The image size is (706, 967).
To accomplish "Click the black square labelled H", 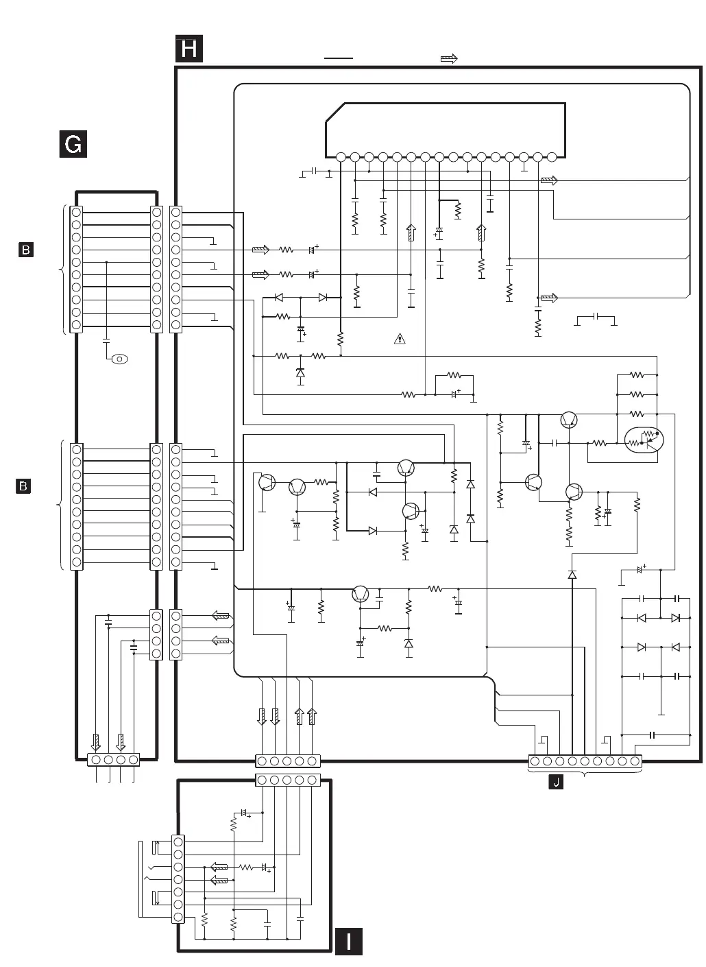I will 189,49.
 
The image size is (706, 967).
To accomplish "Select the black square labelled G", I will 73,144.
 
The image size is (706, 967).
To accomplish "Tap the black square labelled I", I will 349,941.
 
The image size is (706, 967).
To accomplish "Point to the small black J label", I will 556,783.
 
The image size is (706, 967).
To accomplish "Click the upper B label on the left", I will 25,250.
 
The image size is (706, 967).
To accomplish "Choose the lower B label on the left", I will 24,486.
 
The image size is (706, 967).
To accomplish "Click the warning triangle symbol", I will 400,338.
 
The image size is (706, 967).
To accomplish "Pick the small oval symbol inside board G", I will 120,359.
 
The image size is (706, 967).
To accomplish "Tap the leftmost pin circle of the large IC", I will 341,157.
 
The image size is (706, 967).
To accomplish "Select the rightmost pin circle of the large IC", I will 552,157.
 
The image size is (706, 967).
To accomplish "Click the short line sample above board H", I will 339,59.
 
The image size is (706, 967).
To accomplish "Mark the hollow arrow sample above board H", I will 449,59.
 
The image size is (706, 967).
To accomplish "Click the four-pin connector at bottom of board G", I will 114,760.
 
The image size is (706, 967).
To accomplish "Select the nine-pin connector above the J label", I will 585,761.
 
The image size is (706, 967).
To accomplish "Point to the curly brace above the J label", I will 585,773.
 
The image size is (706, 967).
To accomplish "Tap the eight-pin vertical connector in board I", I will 178,879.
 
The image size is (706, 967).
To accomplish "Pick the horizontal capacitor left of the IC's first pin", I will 313,170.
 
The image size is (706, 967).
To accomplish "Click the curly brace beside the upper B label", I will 64,269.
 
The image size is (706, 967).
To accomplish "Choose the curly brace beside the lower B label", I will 62,505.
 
